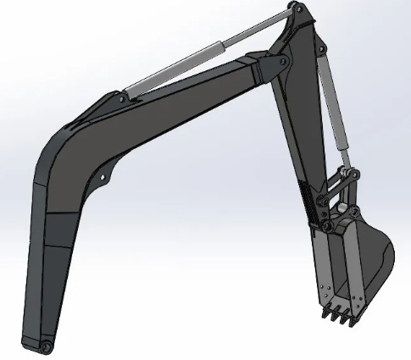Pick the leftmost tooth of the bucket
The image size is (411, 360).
(325, 315)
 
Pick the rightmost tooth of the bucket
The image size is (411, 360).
(349, 320)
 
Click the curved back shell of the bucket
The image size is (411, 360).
(381, 254)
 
